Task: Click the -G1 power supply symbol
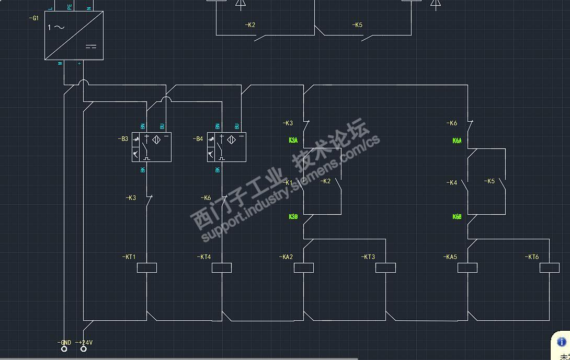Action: (74, 36)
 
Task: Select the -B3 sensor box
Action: (152, 147)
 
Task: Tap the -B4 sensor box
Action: (226, 147)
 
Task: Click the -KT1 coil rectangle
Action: (147, 268)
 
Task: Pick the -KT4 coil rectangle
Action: (222, 268)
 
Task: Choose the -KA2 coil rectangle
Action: (304, 268)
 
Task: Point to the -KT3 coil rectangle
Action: (386, 268)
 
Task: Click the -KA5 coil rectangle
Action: (468, 268)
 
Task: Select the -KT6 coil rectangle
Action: (550, 268)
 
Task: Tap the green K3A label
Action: (293, 140)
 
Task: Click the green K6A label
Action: (457, 141)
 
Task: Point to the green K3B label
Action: (293, 216)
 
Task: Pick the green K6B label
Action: (457, 216)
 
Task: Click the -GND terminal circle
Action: (64, 349)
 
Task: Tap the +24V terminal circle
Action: (83, 349)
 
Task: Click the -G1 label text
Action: (34, 18)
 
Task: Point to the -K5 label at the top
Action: (357, 25)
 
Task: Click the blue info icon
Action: (562, 342)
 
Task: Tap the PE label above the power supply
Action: (69, 7)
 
